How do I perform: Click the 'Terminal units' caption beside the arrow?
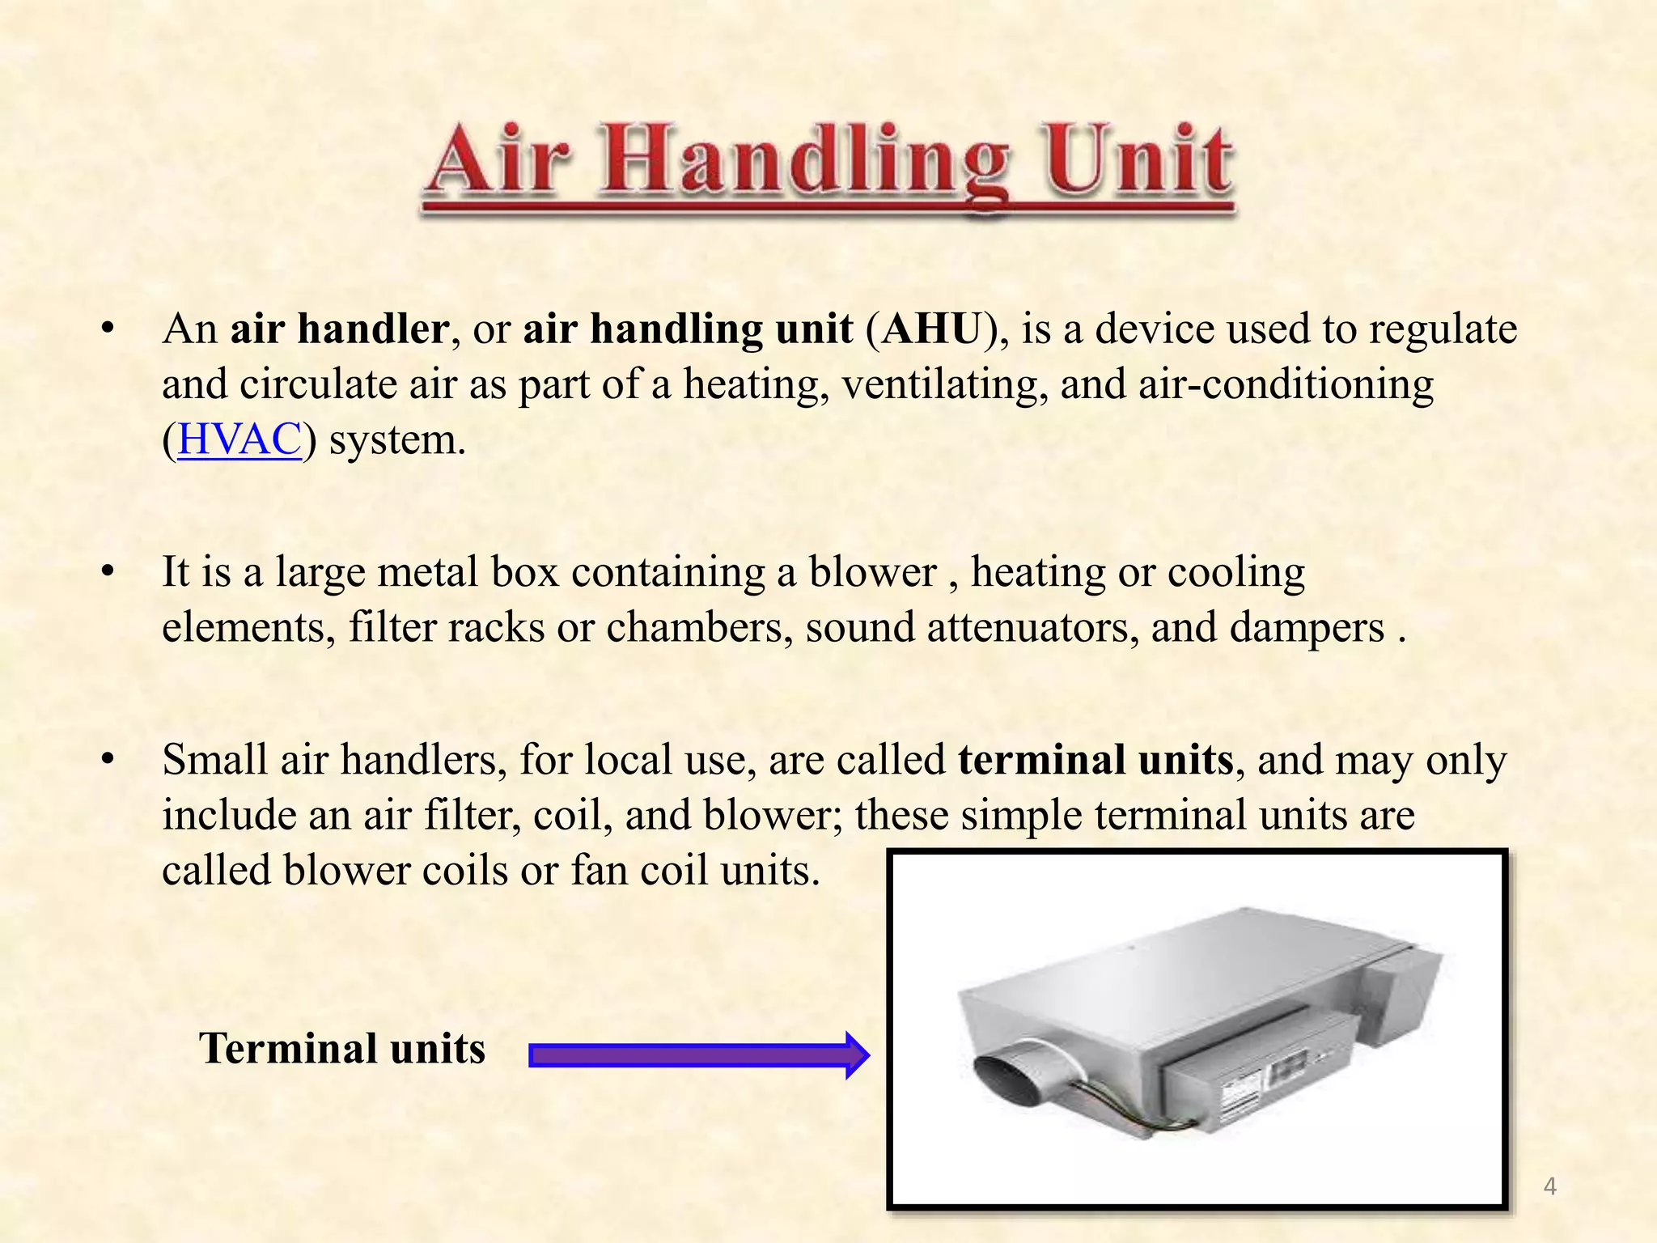[341, 1048]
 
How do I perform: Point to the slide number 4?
[1549, 1186]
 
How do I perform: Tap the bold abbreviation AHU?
[930, 329]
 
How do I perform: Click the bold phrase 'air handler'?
[339, 329]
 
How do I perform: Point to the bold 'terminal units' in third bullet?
[1095, 760]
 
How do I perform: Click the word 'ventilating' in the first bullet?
[939, 384]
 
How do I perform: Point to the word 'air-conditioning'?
[1286, 384]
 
